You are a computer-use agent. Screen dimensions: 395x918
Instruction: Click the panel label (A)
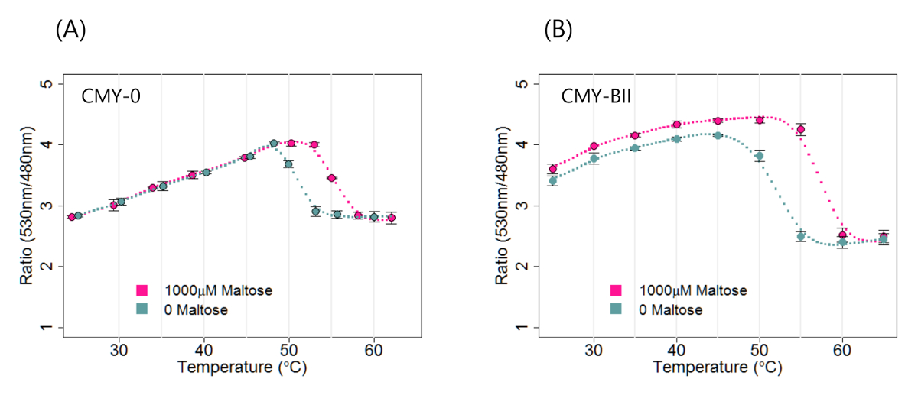70,30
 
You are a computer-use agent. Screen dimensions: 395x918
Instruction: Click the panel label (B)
558,30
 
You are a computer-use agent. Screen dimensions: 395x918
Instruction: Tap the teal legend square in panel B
616,309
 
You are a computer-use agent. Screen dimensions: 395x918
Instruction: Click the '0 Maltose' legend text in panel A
196,309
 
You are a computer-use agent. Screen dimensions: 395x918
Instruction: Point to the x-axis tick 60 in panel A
373,350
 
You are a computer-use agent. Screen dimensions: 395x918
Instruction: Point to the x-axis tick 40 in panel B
676,350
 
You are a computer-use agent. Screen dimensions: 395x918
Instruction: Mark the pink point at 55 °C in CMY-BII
801,129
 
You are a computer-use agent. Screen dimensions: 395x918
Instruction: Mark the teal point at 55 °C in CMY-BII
801,236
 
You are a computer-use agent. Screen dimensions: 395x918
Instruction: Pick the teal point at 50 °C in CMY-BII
760,156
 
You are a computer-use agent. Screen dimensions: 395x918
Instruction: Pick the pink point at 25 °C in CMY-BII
553,169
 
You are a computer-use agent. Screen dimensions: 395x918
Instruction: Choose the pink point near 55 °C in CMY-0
331,178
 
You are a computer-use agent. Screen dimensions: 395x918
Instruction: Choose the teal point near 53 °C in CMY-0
315,211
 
